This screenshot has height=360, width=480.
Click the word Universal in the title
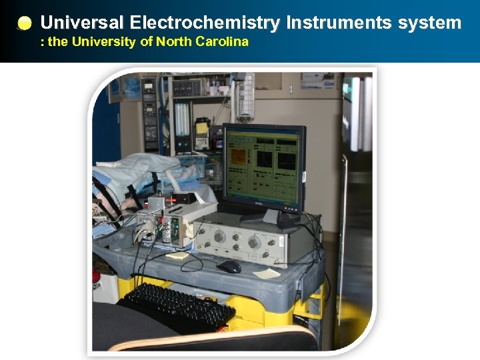(x=81, y=23)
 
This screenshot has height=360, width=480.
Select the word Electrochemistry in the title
(x=205, y=23)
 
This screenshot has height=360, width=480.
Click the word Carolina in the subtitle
(x=221, y=42)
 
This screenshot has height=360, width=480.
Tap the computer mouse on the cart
(x=229, y=267)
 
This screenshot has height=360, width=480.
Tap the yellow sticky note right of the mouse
(x=267, y=273)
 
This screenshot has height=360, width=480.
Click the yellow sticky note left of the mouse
(x=178, y=254)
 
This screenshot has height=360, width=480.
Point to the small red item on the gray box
(x=175, y=198)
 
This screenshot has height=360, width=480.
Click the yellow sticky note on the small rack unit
(x=190, y=229)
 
